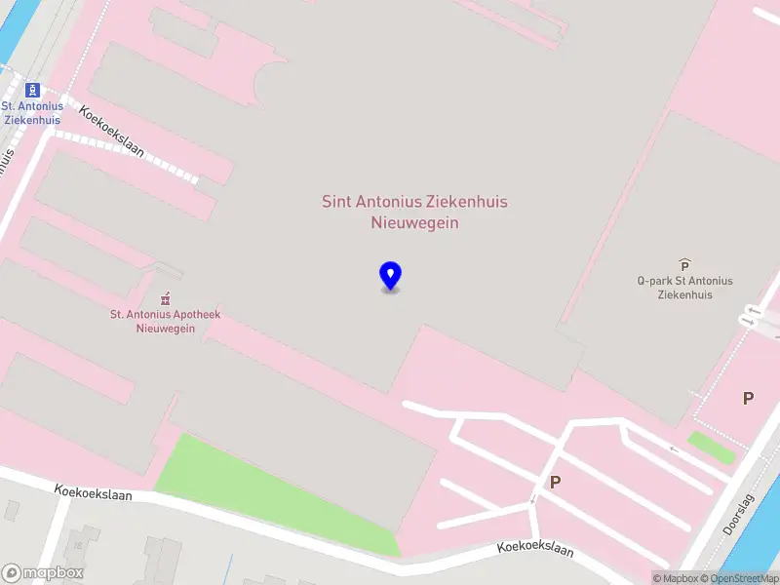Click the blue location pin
tap(390, 276)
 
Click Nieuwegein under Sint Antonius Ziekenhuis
tap(414, 222)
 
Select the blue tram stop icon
tap(32, 90)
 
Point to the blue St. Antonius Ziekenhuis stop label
tap(32, 113)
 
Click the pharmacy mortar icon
tap(166, 297)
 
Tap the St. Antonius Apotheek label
tap(165, 321)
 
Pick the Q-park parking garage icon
tap(684, 264)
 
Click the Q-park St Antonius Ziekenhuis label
tap(684, 288)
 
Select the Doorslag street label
tap(738, 514)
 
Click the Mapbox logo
tap(43, 573)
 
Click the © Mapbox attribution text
tap(676, 578)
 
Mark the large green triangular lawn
tap(253, 487)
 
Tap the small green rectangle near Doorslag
tap(711, 447)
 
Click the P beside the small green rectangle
tap(748, 398)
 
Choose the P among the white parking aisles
tap(555, 482)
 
